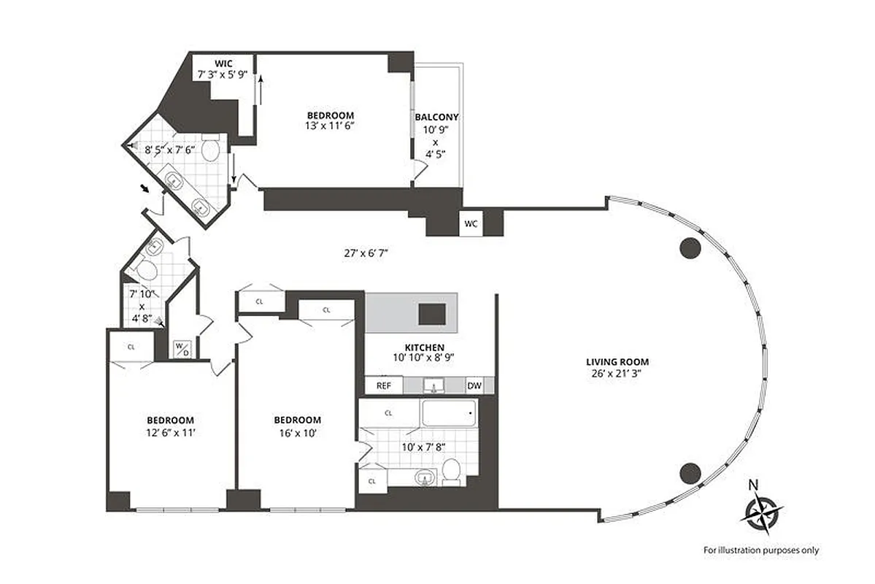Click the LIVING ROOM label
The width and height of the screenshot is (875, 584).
tap(617, 361)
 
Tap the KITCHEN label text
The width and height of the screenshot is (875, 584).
tap(425, 347)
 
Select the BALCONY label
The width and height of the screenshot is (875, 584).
tap(436, 117)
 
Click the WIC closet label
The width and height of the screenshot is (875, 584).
tap(223, 63)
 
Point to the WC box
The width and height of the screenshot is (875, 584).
tap(471, 224)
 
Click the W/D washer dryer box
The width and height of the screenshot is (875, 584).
tap(180, 348)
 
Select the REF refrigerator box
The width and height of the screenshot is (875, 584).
tap(384, 385)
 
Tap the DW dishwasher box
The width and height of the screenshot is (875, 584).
tap(474, 385)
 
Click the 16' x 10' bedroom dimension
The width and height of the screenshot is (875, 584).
tap(297, 432)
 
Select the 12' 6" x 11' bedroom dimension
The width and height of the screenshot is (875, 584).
tap(170, 432)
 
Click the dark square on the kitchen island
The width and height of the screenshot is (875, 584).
tap(431, 314)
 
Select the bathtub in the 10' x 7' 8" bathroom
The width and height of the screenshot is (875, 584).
tap(449, 414)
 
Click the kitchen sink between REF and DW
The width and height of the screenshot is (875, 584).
tap(436, 385)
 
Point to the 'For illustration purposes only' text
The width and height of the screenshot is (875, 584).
tap(760, 550)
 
